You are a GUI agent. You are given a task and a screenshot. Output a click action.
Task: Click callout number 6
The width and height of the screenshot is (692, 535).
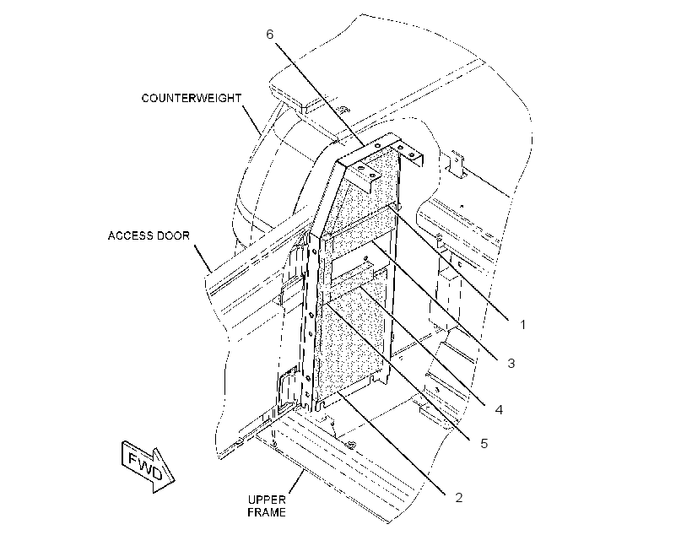tap(270, 35)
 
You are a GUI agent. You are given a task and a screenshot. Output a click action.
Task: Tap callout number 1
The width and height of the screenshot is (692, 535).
tap(523, 325)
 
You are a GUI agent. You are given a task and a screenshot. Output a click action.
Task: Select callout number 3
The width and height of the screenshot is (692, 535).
tap(511, 364)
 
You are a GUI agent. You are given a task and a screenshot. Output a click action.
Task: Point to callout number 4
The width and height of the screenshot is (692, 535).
tap(499, 410)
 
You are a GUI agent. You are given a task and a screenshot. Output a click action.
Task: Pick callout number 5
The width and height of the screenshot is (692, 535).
tap(484, 444)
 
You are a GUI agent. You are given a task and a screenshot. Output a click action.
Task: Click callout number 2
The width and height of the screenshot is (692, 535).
tap(459, 498)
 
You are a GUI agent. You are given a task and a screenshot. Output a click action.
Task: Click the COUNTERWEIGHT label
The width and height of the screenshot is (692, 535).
tap(191, 98)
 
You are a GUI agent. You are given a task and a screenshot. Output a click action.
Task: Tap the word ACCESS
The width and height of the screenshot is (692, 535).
tap(130, 235)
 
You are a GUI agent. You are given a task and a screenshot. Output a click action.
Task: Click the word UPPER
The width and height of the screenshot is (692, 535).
tap(267, 500)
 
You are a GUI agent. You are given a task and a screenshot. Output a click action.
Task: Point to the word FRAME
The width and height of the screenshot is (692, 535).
tap(267, 512)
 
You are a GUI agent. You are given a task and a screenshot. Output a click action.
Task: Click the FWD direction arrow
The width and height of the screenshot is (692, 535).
tap(148, 466)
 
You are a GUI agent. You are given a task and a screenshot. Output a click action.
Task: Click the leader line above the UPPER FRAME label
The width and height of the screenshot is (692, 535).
tap(296, 482)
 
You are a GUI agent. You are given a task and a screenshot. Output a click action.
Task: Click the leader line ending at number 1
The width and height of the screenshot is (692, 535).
tap(449, 262)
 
